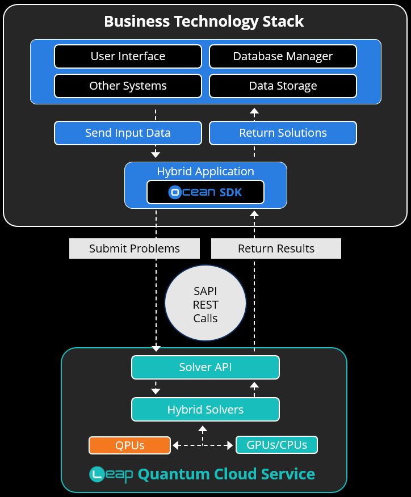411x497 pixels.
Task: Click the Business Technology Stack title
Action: [x=204, y=22]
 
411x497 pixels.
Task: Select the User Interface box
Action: [x=128, y=56]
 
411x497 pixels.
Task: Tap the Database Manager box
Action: [x=283, y=56]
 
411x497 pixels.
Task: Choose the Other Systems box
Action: [x=128, y=86]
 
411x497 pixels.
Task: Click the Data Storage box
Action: [x=283, y=86]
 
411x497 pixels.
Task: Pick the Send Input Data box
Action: [x=128, y=133]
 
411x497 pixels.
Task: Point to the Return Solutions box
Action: [x=283, y=133]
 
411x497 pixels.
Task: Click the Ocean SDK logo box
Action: [x=205, y=192]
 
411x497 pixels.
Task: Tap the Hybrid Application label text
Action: [x=205, y=171]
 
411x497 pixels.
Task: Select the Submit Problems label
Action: [x=135, y=248]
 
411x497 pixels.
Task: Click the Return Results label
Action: [x=276, y=248]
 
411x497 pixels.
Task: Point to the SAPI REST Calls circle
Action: [x=205, y=305]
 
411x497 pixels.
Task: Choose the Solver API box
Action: [x=205, y=367]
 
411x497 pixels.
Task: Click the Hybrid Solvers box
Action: [x=205, y=409]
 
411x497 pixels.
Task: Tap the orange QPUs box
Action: [x=129, y=445]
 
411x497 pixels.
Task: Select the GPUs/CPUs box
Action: [x=276, y=445]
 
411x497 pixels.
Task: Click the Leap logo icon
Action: [x=99, y=474]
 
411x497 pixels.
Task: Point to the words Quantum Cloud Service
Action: [x=226, y=474]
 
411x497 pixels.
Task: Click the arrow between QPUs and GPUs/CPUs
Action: [x=203, y=445]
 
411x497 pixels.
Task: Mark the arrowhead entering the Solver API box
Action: [x=156, y=348]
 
